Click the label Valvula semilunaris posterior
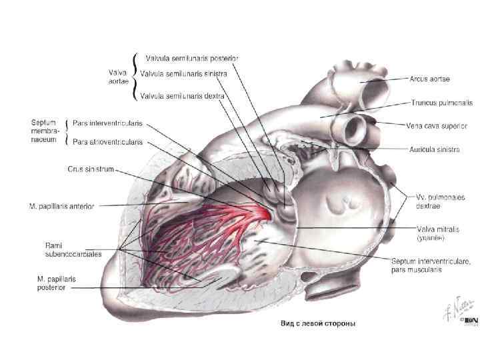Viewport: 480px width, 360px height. click(192, 58)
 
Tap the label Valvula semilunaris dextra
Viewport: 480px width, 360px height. click(184, 96)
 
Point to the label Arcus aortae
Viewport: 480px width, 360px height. click(430, 79)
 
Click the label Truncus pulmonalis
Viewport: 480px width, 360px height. click(441, 103)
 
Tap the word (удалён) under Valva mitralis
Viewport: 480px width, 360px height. click(432, 237)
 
